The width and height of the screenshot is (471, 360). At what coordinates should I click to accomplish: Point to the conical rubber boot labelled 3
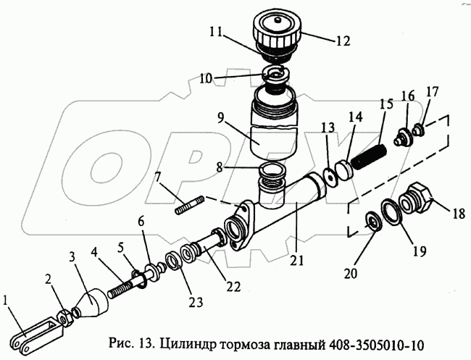(93, 301)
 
